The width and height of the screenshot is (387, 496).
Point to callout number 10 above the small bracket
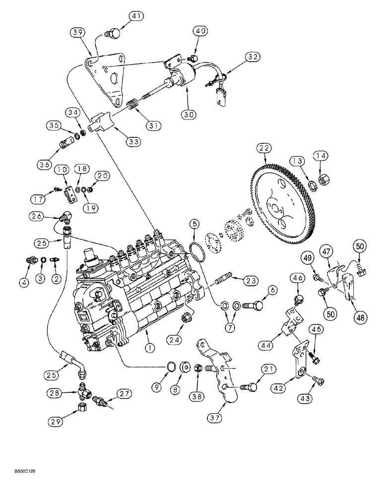[62, 171]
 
